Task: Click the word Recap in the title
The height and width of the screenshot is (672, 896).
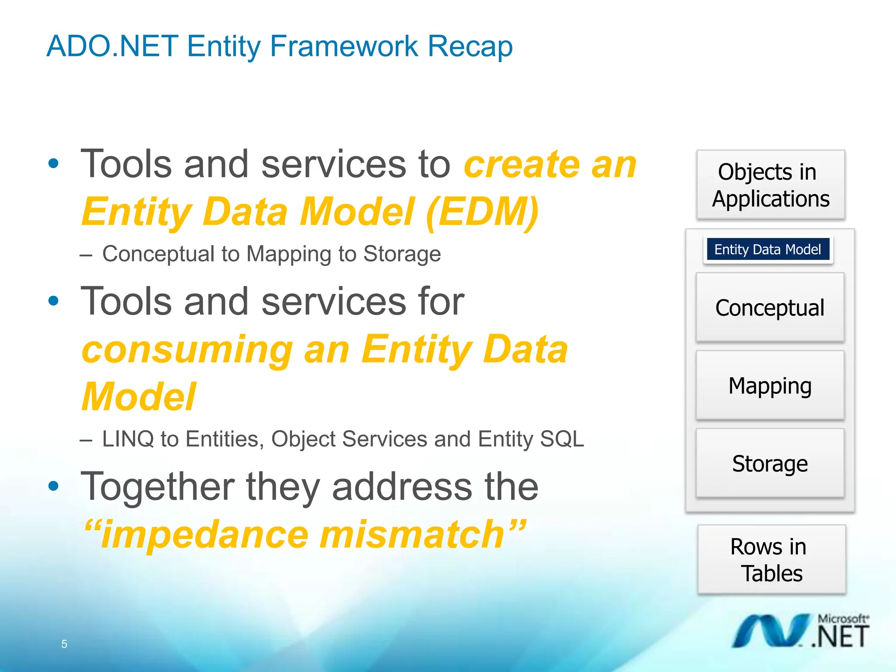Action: click(470, 46)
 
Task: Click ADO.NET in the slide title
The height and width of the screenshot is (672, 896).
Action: click(112, 46)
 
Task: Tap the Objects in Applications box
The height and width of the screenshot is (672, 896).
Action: click(770, 185)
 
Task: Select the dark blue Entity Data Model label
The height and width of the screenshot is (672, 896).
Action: click(768, 249)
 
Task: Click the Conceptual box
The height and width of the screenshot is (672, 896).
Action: click(770, 308)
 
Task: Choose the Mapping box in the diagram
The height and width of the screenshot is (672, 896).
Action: click(770, 385)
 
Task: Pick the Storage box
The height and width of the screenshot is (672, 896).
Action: click(770, 463)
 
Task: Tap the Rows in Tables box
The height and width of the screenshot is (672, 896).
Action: click(771, 560)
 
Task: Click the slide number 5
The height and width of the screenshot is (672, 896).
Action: click(64, 644)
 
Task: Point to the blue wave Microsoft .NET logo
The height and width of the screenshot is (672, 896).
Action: click(770, 631)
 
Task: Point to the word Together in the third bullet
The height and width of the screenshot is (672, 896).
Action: click(157, 486)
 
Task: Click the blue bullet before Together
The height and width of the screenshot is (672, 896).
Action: click(53, 486)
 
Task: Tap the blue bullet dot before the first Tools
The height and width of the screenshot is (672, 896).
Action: click(53, 164)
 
